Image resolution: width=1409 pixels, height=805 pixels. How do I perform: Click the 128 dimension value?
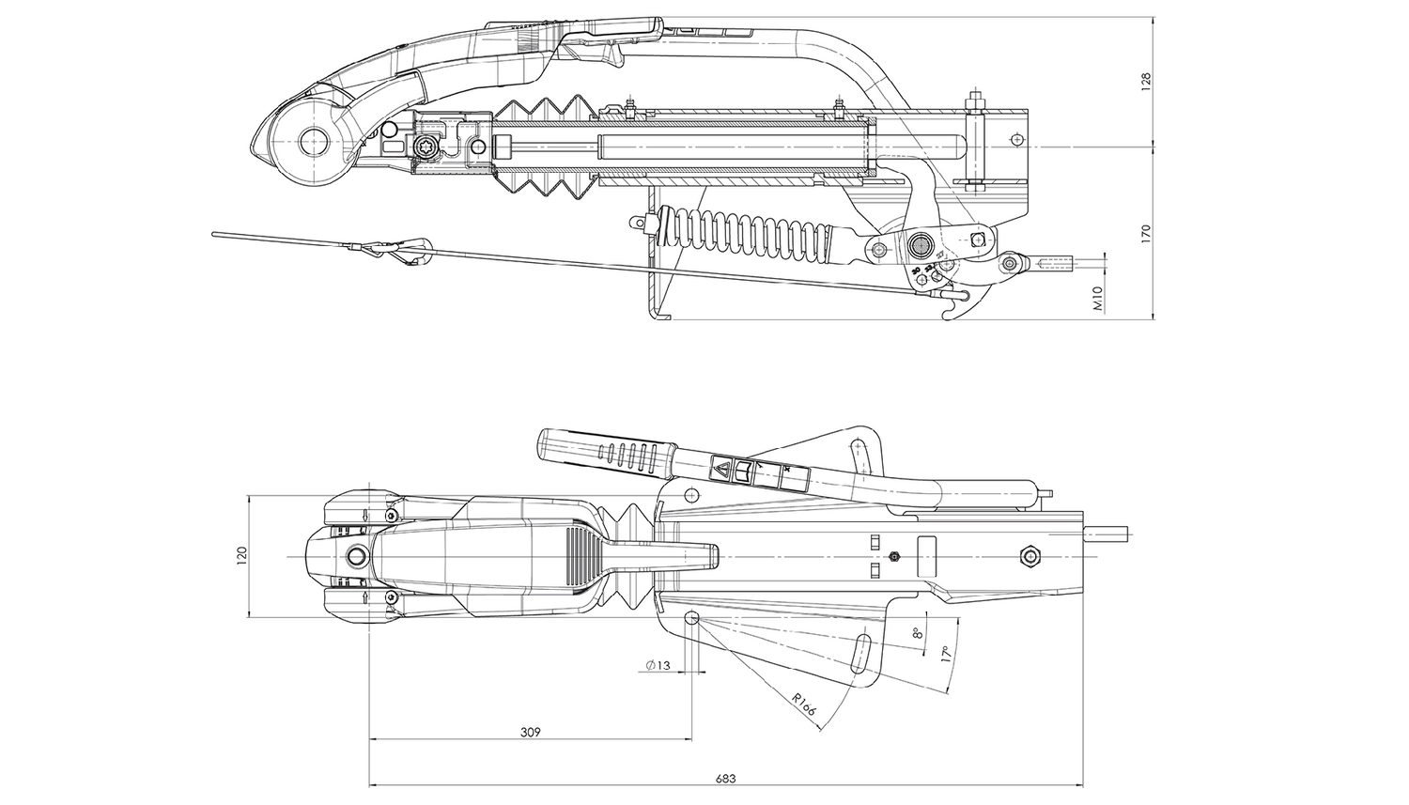tap(1145, 83)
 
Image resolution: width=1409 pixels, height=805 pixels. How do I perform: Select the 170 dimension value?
tap(1145, 234)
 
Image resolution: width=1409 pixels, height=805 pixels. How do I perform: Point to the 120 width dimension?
tap(240, 555)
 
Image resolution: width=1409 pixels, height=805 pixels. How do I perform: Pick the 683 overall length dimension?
tap(724, 778)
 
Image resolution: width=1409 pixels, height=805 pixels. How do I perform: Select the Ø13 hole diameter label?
tap(658, 665)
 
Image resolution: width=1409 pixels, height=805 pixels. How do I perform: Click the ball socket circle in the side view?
tap(311, 144)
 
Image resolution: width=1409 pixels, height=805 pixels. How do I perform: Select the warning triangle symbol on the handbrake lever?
tap(724, 467)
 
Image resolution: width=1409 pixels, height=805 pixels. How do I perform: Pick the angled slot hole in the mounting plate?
tap(860, 654)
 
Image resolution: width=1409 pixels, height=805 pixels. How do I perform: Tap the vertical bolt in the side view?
tap(975, 141)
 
